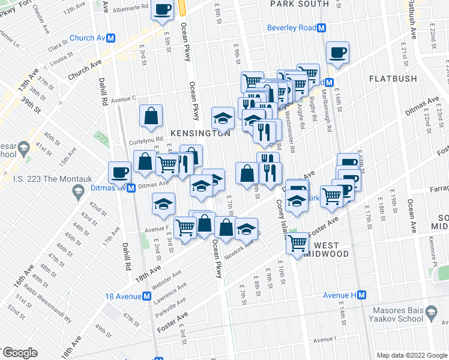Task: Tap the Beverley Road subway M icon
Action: [x=322, y=28]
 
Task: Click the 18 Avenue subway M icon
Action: [x=146, y=296]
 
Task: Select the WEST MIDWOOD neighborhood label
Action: [x=331, y=250]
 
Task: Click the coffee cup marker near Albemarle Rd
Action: [x=163, y=10]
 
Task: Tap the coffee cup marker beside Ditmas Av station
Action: [x=119, y=172]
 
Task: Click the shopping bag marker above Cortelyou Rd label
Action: [x=151, y=115]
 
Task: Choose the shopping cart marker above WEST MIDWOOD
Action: [x=298, y=244]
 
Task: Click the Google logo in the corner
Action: [x=20, y=353]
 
